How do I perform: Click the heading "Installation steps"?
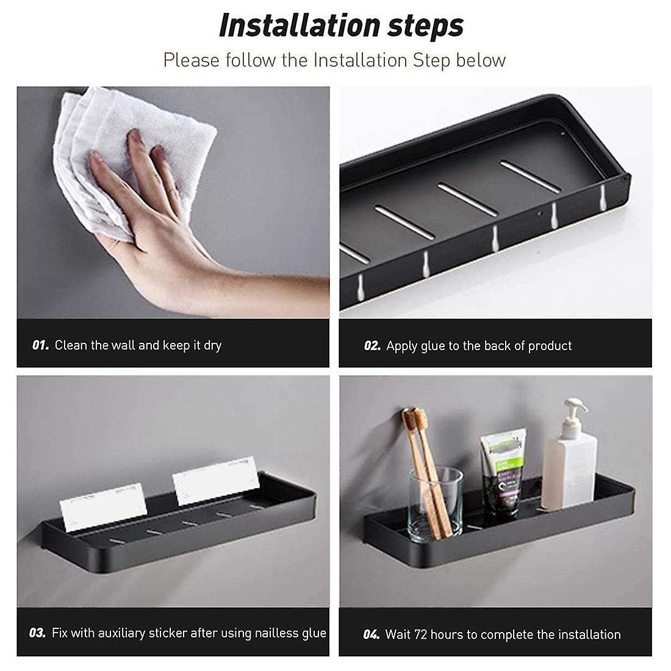[341, 26]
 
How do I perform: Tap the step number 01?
[40, 345]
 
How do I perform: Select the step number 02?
[372, 346]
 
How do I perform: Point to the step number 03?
[38, 633]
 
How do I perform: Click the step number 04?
[371, 634]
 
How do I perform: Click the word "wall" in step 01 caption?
[123, 345]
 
